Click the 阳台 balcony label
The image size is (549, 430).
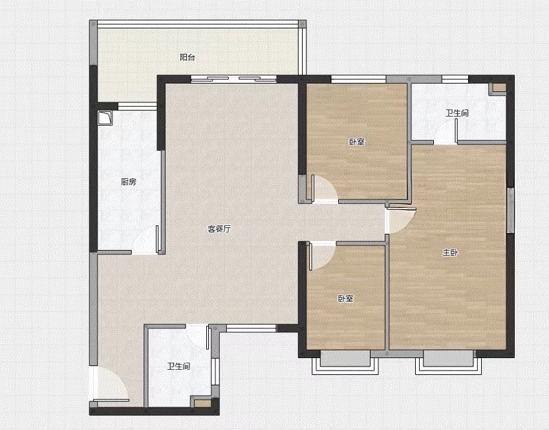pos(188,57)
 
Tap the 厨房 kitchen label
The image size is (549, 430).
pos(129,182)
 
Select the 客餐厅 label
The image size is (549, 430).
pos(219,229)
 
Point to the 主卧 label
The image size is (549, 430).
pos(450,253)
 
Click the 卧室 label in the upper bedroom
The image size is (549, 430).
pos(357,142)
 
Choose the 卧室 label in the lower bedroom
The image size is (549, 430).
pos(345,299)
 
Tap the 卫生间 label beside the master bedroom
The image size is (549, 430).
pos(457,113)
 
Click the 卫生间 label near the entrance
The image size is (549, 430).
pos(178,366)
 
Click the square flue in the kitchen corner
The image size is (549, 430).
pos(105,118)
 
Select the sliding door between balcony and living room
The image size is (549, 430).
pos(233,79)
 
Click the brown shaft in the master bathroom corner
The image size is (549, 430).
pos(500,87)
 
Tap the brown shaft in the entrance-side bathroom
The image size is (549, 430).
pos(202,403)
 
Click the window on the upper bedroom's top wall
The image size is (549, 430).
pos(358,79)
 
